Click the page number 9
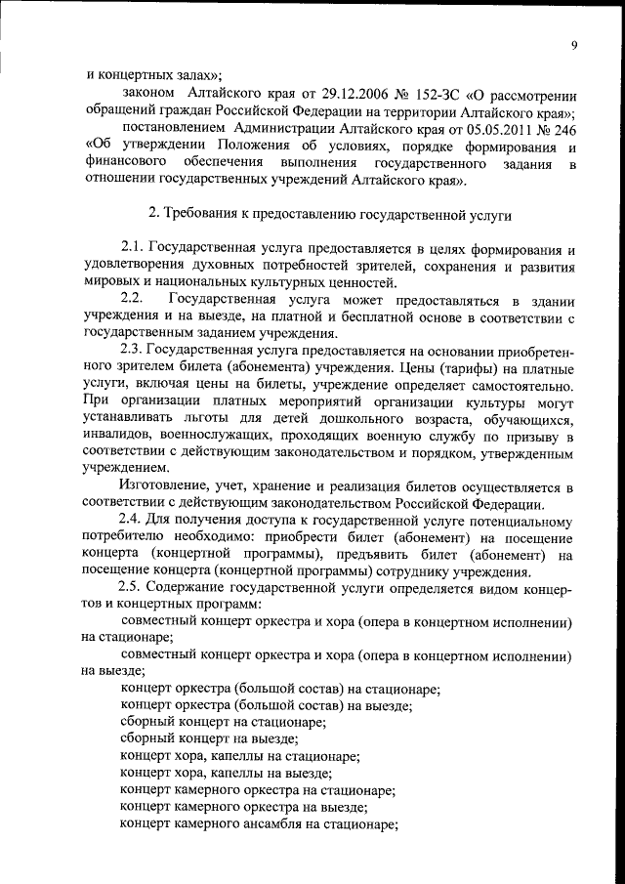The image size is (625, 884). pos(575,44)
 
